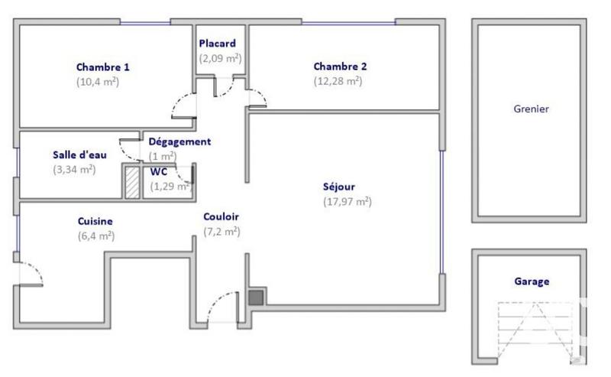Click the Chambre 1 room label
(x=98, y=67)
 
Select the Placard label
(x=218, y=44)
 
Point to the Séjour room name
(x=338, y=186)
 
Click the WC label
(x=158, y=171)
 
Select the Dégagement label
(x=179, y=141)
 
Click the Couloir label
(x=221, y=216)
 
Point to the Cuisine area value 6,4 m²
(x=95, y=236)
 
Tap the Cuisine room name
(x=95, y=221)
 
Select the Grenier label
(x=531, y=109)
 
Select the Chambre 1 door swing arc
(x=184, y=108)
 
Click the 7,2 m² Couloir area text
(x=221, y=232)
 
